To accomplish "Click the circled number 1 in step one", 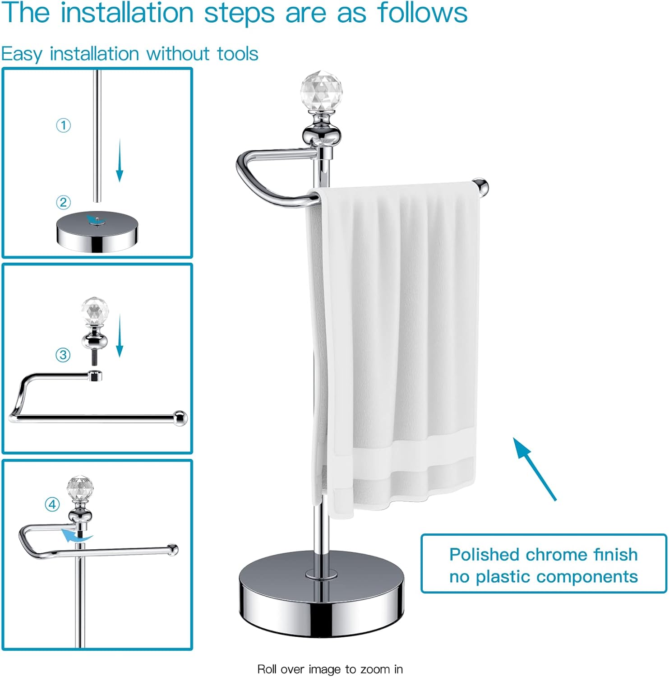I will [63, 125].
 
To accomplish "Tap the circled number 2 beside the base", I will [63, 202].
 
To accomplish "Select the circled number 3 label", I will [63, 355].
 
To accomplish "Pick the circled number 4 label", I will [52, 504].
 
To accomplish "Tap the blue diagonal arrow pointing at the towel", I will [535, 469].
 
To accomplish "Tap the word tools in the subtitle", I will [237, 54].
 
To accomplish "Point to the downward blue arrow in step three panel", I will [120, 336].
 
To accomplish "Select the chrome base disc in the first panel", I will [97, 232].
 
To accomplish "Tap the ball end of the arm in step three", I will [180, 417].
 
